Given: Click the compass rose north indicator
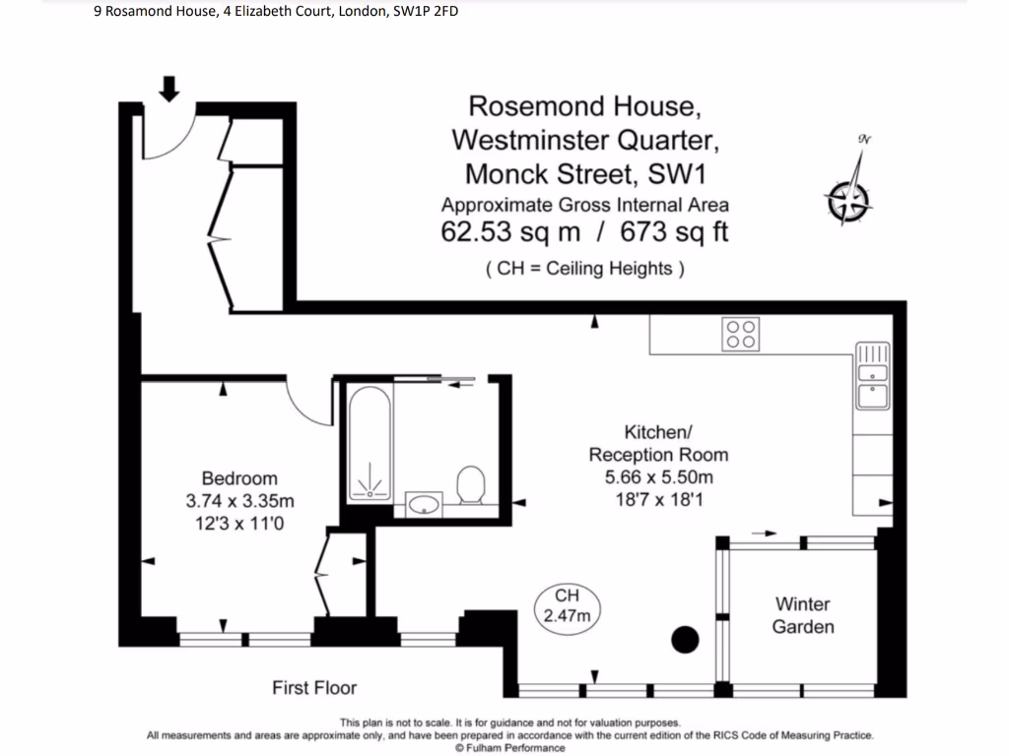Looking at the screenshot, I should point(848,200).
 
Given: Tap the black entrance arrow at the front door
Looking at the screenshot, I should point(169,90).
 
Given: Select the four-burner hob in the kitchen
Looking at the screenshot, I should point(740,334).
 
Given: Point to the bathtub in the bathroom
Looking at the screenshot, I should point(369,442).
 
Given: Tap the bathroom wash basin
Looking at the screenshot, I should point(425,505).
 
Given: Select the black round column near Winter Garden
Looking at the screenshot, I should point(685,640).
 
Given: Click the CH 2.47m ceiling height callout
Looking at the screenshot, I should point(567,606).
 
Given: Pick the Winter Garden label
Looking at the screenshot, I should point(803,615).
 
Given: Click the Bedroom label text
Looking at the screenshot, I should point(239,478).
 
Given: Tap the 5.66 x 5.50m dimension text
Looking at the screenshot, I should point(658,477).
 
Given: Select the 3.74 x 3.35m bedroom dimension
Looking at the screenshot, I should point(239,501).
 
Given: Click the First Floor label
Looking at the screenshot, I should point(314,688).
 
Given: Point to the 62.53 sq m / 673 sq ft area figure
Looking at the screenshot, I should point(585,233).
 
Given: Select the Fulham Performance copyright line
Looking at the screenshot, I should point(509,747).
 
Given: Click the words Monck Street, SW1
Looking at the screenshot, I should point(585,174).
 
